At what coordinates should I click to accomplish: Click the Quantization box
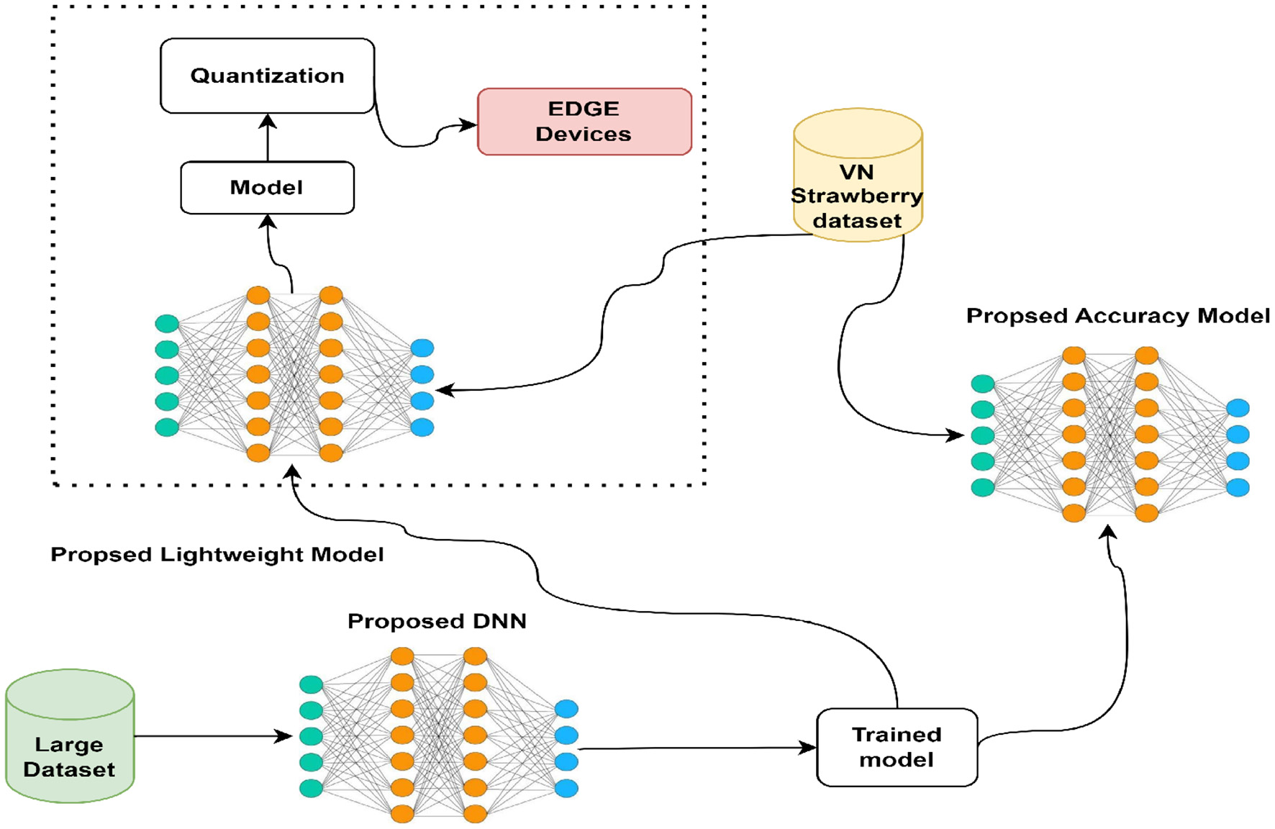coord(267,76)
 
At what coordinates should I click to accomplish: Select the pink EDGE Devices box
coord(584,122)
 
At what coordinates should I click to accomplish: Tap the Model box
coord(267,188)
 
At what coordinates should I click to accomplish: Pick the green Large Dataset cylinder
coord(69,738)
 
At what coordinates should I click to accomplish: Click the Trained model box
coord(897,747)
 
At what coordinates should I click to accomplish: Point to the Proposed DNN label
coord(437,621)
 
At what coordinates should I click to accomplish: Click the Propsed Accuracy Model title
coord(1117,316)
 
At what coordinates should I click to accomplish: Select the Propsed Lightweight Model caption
coord(217,555)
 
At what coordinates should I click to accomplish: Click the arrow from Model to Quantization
coord(268,137)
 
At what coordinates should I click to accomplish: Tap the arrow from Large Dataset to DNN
coord(212,736)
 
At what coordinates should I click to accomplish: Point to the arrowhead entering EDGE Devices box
coord(469,125)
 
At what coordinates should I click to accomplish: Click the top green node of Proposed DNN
coord(311,684)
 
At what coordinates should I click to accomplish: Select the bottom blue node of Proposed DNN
coord(566,788)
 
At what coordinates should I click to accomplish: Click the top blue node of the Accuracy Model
coord(1238,408)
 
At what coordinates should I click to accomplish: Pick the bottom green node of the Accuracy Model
coord(983,487)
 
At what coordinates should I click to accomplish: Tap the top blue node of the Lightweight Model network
coord(422,348)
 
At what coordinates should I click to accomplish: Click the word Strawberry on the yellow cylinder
coord(856,196)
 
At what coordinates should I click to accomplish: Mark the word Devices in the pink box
coord(584,135)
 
